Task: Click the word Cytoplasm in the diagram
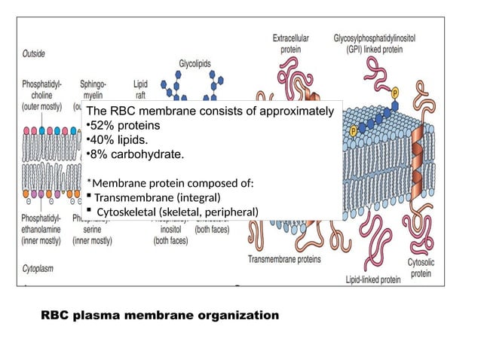coord(37,267)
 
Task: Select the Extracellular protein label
coord(292,42)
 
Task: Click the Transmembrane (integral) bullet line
coord(155,197)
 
